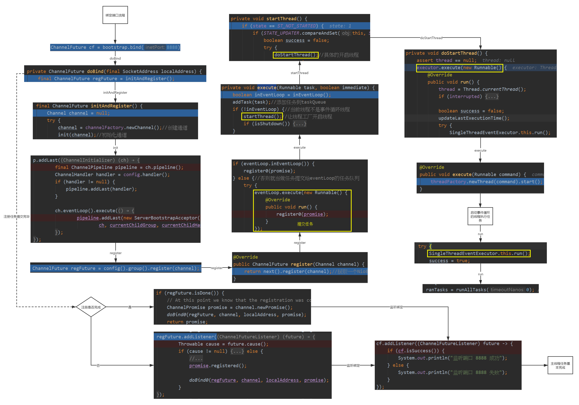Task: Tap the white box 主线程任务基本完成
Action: [x=560, y=365]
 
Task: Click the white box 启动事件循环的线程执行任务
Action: [x=480, y=216]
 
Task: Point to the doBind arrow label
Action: [x=115, y=58]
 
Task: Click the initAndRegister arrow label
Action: [x=115, y=92]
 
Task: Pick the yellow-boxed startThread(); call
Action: [x=262, y=116]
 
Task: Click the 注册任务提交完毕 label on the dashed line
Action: [x=17, y=216]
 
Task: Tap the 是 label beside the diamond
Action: [x=130, y=307]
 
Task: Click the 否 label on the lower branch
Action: [x=98, y=365]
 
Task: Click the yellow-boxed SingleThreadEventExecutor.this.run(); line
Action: [x=479, y=253]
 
